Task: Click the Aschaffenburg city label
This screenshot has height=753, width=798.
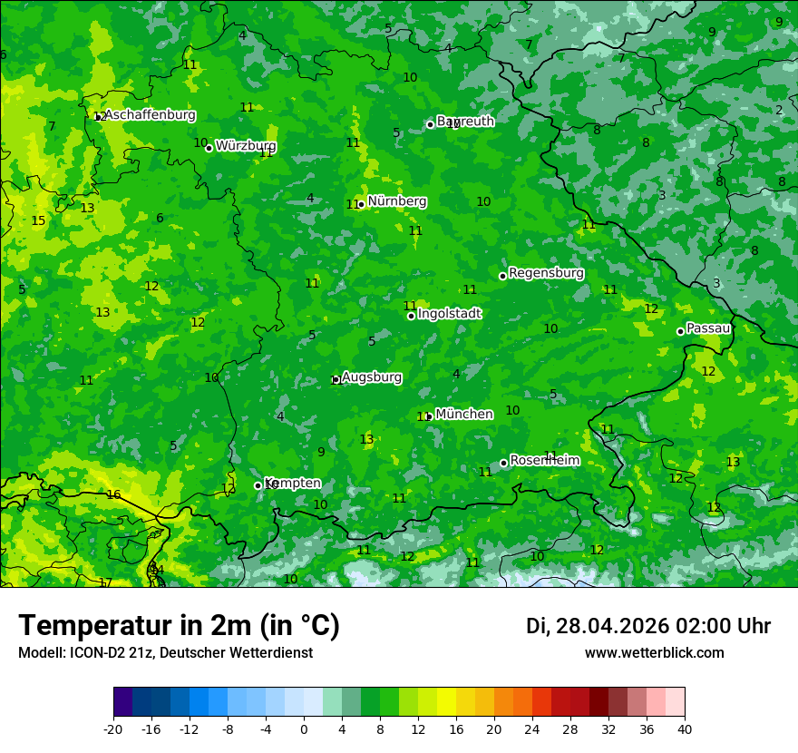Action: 150,115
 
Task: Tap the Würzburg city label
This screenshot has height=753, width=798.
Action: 246,146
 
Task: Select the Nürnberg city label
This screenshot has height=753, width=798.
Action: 396,201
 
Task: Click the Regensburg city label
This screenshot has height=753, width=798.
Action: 546,273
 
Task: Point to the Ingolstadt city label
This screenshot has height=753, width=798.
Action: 449,314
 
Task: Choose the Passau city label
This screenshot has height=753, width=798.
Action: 708,328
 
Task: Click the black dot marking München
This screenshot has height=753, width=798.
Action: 429,416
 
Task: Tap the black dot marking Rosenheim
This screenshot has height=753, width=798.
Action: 503,463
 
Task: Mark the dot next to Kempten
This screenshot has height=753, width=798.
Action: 258,485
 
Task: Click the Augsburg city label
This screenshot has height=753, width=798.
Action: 372,377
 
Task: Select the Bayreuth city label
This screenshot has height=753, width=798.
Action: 465,122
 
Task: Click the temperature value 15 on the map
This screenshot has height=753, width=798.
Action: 38,221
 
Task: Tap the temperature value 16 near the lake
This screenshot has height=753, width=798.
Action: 113,495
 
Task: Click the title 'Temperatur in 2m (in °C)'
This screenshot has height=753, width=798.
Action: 179,626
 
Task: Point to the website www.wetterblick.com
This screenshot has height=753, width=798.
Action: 654,653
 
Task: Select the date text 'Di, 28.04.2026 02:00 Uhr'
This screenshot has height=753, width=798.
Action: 647,626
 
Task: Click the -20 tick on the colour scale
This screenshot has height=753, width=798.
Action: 113,729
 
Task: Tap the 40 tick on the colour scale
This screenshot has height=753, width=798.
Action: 685,729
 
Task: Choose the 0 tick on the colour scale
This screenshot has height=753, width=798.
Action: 304,729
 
